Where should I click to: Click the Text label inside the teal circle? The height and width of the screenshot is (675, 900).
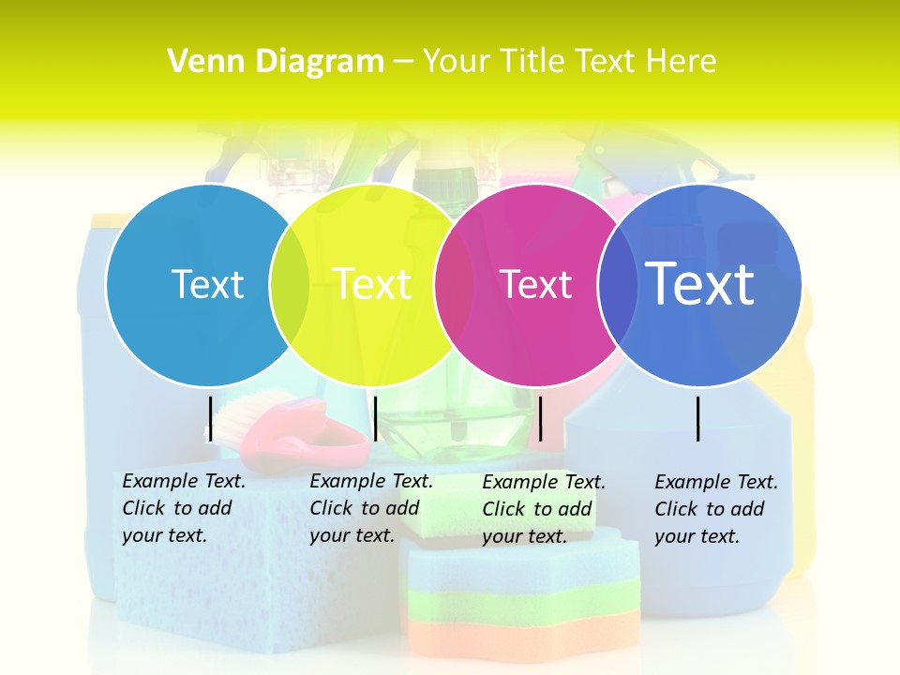coord(207,284)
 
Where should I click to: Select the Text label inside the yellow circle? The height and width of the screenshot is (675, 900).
coord(372,284)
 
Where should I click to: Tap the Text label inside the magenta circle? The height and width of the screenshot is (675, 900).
coord(536,284)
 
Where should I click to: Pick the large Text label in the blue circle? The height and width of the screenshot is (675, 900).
coord(700,284)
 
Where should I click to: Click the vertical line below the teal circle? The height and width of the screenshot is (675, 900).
coord(211,418)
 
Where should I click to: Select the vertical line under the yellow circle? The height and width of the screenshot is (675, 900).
coord(375,418)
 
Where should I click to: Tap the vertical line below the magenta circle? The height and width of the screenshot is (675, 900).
coord(541,418)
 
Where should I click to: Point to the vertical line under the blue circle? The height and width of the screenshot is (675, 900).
coord(698,418)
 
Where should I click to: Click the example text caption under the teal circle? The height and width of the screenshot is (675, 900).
coord(184,507)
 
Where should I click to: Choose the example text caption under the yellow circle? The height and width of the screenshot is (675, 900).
coord(371,507)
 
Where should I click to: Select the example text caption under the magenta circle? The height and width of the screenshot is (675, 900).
coord(544,508)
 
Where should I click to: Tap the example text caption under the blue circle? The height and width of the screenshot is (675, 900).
coord(716,508)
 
